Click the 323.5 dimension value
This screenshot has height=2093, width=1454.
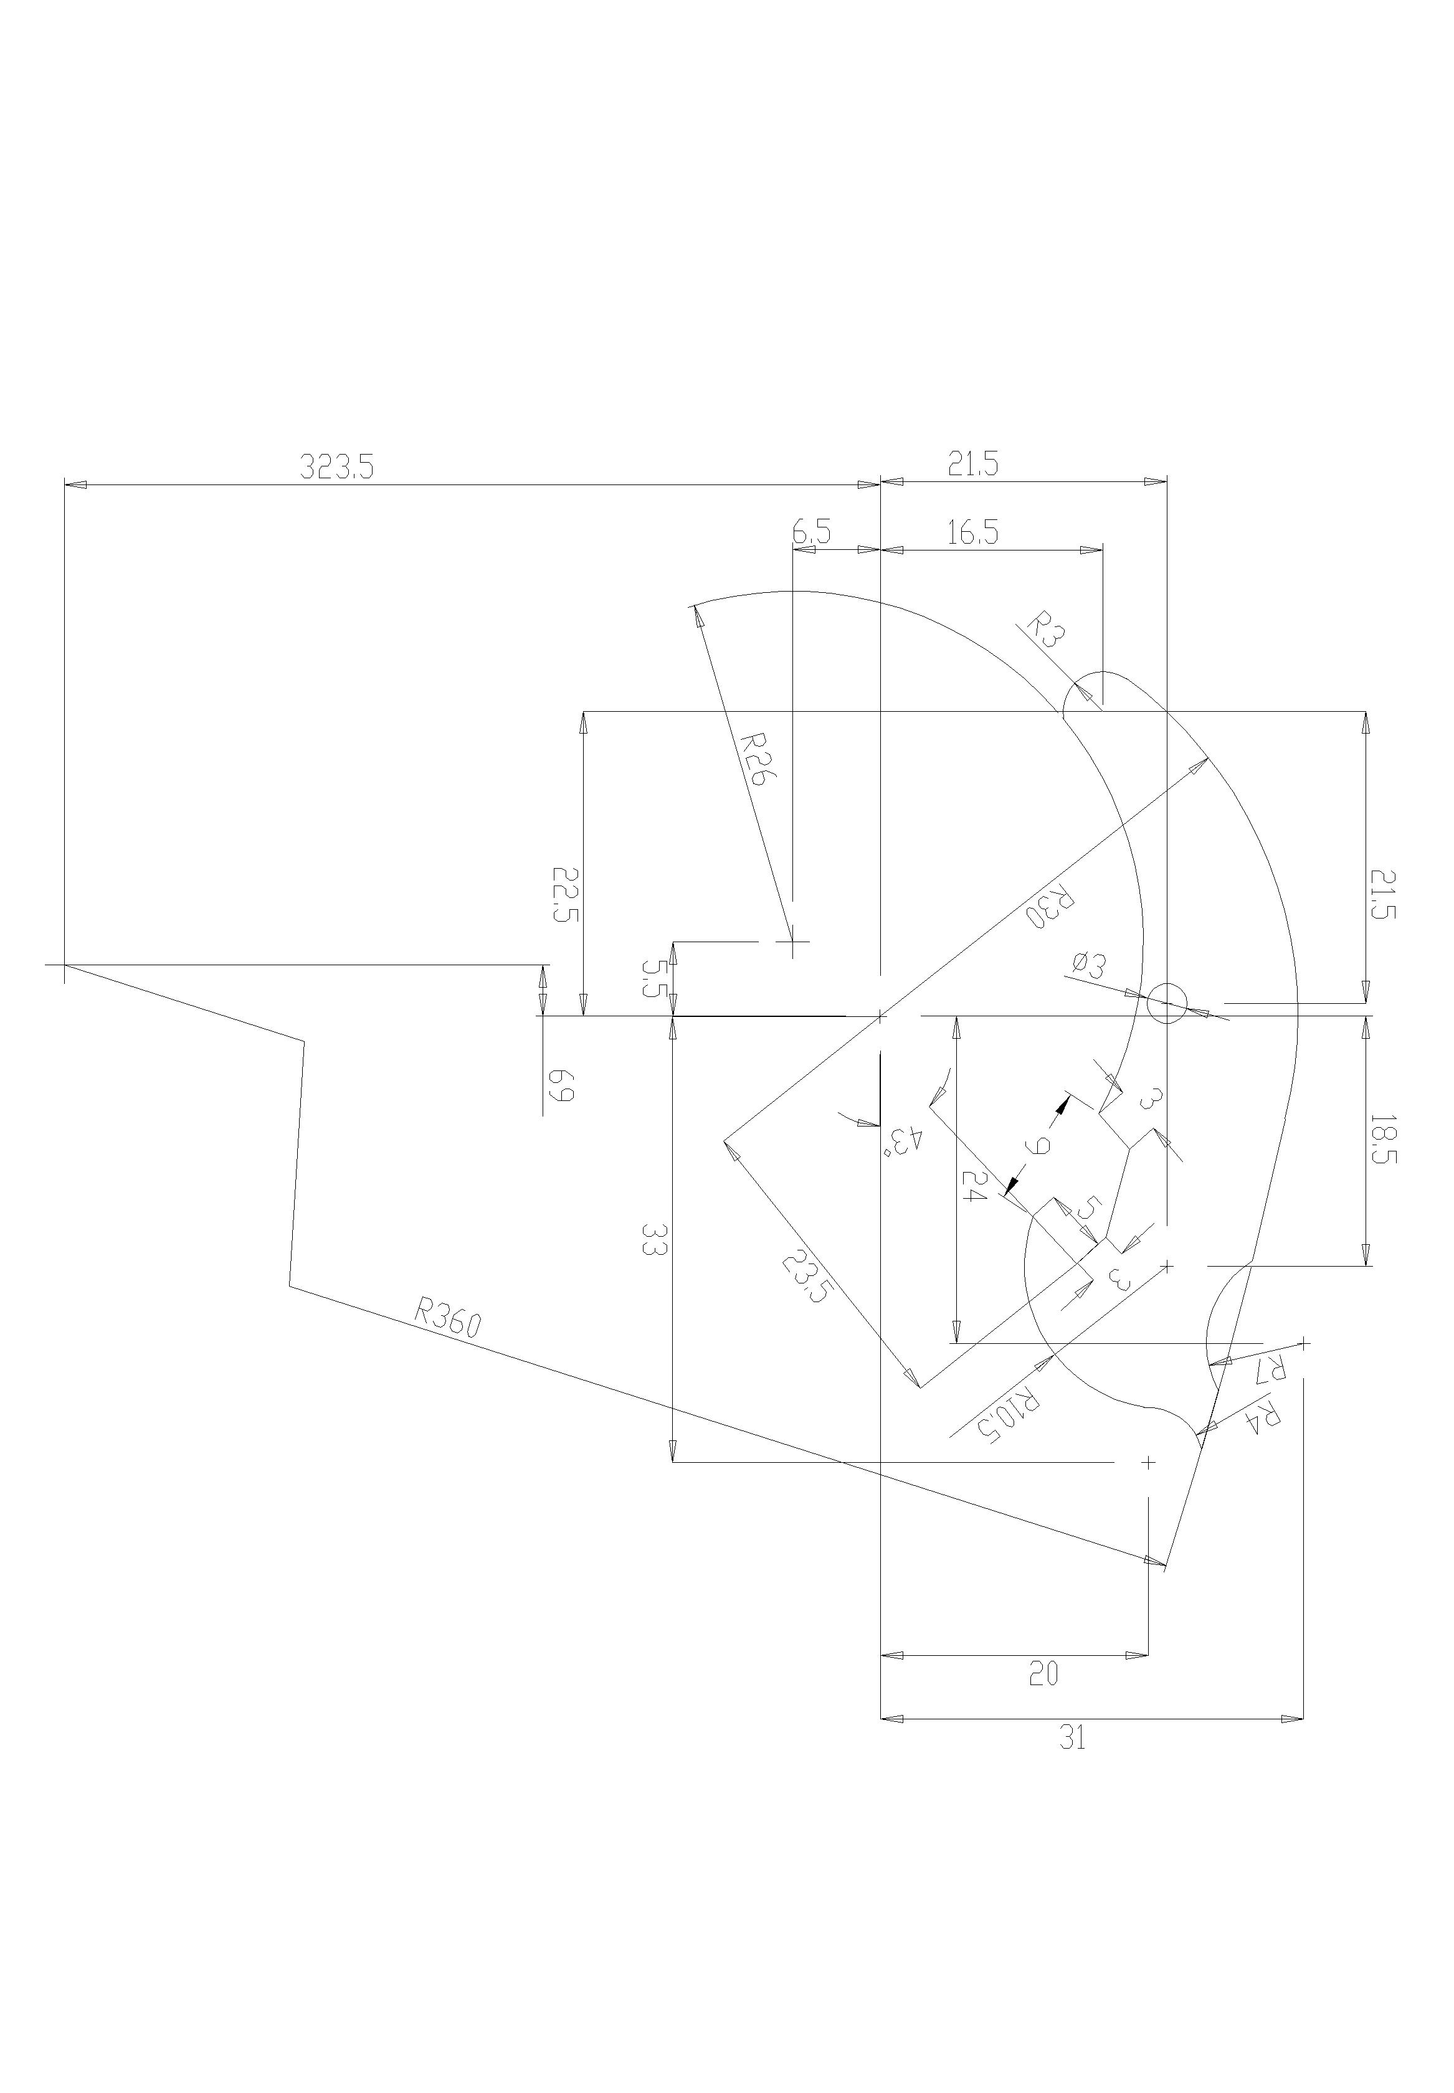[337, 467]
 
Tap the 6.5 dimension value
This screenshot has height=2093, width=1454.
[811, 533]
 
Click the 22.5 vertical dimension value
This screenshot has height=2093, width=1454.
[565, 894]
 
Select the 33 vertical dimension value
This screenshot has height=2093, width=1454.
[653, 1240]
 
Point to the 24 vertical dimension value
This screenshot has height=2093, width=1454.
[973, 1184]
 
